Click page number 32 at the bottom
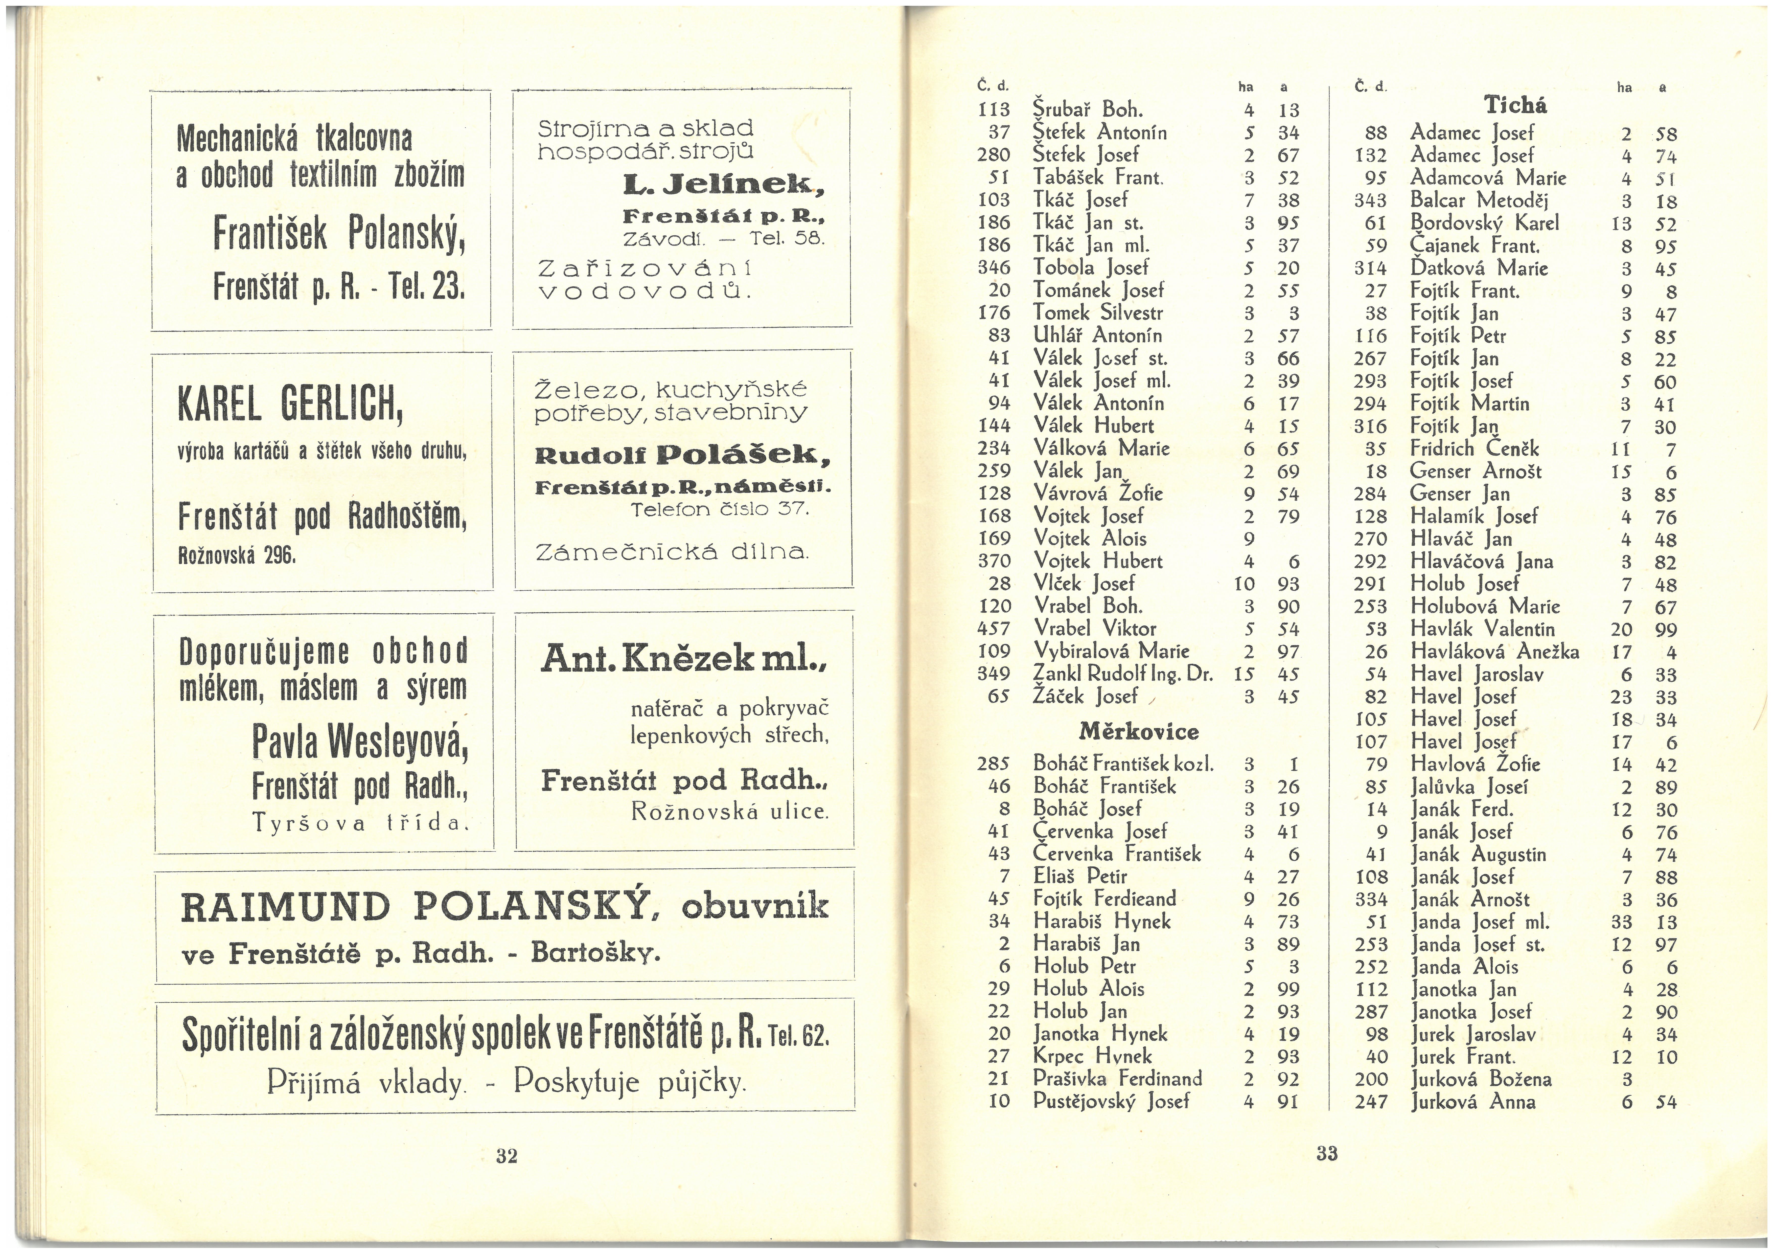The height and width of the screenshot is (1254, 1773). point(506,1156)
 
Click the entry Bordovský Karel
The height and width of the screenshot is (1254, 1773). point(1484,223)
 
